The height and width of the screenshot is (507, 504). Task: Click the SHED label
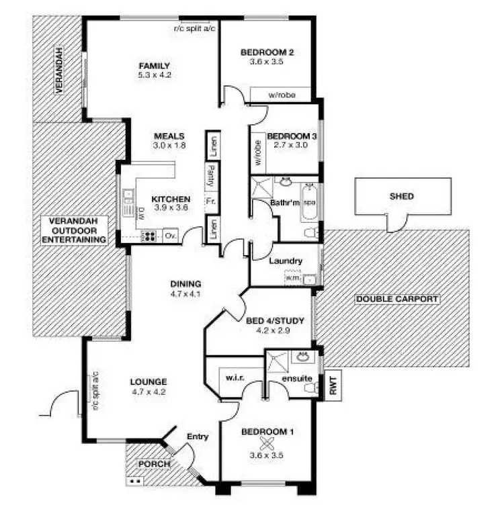(x=402, y=197)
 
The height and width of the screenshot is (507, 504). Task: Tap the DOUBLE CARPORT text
(x=397, y=299)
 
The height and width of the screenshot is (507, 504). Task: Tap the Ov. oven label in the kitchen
(x=171, y=236)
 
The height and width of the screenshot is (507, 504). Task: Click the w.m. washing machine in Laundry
(x=293, y=277)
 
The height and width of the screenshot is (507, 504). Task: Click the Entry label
(x=198, y=437)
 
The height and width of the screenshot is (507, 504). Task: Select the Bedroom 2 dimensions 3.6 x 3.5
(x=267, y=61)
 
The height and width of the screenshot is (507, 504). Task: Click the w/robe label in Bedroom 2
(x=282, y=95)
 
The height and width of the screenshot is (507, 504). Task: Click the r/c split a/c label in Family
(x=194, y=28)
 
